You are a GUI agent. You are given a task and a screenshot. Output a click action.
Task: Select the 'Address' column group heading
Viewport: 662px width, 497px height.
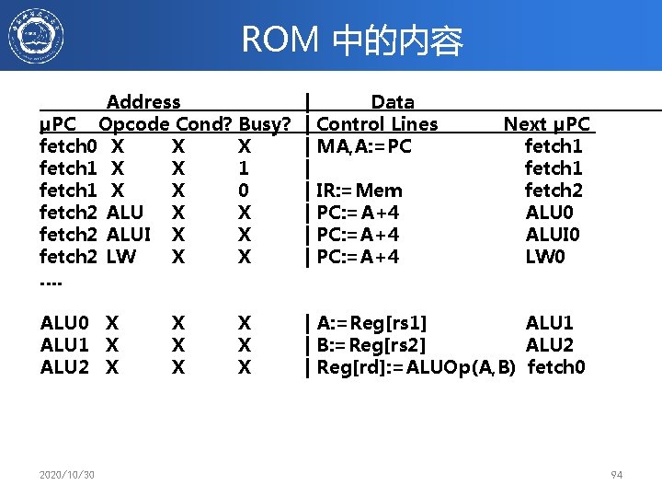point(143,102)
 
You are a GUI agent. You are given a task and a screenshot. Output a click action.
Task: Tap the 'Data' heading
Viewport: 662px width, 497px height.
point(392,102)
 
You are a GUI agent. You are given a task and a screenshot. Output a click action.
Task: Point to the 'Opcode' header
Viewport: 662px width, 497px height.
point(134,124)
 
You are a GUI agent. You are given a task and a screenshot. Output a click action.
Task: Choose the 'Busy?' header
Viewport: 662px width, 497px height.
point(265,124)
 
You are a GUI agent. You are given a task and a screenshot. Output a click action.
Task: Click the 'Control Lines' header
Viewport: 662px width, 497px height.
point(377,124)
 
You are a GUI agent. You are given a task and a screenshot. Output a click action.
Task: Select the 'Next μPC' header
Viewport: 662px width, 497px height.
point(547,124)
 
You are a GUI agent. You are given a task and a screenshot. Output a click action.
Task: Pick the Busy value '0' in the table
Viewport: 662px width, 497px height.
point(244,191)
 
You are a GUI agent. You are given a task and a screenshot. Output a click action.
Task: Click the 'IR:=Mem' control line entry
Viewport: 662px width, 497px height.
point(360,191)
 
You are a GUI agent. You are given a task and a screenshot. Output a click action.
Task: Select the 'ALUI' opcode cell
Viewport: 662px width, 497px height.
point(129,235)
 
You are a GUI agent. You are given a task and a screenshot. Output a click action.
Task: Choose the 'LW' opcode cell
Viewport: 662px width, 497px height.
point(120,257)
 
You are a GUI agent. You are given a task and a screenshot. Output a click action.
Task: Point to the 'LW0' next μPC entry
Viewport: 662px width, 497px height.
point(546,257)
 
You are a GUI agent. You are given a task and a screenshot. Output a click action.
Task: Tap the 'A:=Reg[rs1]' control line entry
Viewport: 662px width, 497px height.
point(371,323)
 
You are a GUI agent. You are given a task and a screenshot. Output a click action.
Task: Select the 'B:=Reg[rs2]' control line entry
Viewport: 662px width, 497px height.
point(371,345)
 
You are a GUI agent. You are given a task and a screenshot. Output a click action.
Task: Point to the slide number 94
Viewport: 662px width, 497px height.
point(616,475)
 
